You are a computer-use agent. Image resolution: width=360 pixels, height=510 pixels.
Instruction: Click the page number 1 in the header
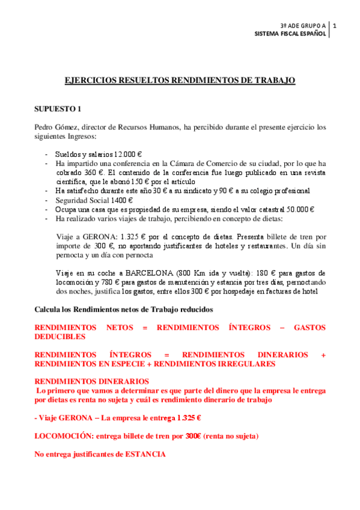tap(334, 26)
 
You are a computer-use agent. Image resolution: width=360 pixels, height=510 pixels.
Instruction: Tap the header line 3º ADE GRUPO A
tap(302, 26)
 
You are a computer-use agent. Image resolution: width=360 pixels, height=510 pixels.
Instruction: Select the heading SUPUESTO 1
tap(58, 109)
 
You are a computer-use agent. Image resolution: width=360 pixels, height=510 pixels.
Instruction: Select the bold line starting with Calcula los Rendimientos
tap(123, 309)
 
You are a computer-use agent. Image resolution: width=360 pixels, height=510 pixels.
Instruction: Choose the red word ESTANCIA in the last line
tap(145, 455)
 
